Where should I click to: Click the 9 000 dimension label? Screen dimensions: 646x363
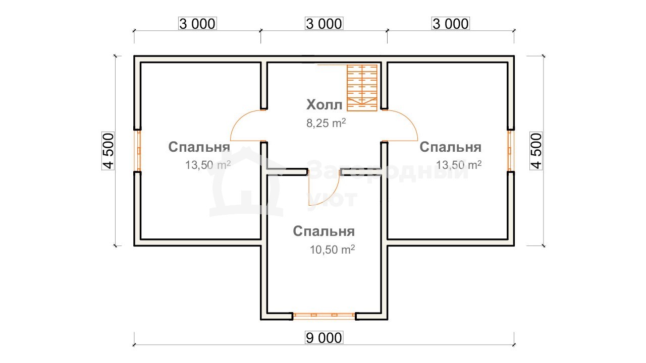pos(324,338)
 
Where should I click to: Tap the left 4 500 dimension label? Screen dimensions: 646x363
pos(108,151)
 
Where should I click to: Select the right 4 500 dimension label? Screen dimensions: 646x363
pos(536,151)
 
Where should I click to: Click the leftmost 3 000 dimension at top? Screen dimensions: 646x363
pos(197,23)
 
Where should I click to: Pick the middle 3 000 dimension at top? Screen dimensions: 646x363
pos(324,23)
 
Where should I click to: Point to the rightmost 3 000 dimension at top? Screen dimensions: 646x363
pos(451,23)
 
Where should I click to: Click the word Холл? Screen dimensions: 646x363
pos(324,104)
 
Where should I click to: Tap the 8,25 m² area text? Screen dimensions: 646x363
pos(326,123)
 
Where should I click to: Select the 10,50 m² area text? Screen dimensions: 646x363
pos(332,250)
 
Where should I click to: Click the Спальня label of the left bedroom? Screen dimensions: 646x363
pos(199,147)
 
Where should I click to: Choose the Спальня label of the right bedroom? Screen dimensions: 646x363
pos(451,147)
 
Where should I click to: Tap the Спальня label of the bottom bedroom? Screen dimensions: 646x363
pos(324,231)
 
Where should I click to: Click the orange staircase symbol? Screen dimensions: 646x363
pos(362,88)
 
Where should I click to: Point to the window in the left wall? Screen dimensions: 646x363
pos(138,151)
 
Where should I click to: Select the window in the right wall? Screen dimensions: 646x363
pos(510,151)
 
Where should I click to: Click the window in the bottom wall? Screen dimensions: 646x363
pos(324,316)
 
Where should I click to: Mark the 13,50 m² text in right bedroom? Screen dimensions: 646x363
pos(459,165)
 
